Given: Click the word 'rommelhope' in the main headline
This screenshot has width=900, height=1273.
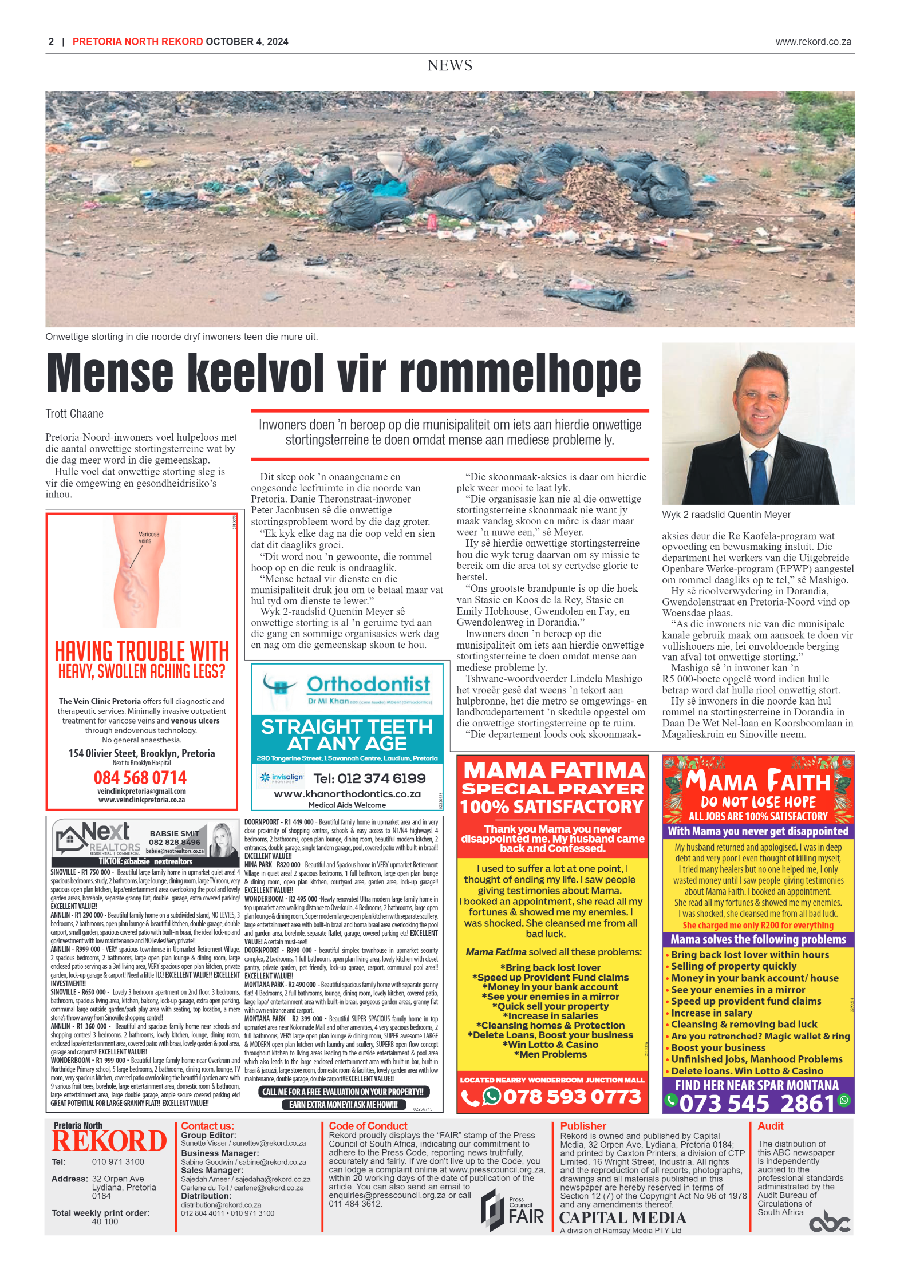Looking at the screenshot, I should tap(520, 374).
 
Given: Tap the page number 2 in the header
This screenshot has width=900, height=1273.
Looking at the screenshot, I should tap(51, 42).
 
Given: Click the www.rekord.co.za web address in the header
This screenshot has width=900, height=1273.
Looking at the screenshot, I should tap(812, 42).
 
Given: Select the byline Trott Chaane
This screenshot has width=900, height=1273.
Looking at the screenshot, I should tap(74, 414).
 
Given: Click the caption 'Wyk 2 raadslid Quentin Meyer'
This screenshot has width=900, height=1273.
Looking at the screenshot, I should tap(726, 515).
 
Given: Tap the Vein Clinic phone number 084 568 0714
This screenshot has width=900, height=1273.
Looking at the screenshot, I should tap(140, 777).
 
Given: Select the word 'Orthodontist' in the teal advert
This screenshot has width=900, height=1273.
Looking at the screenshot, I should tap(368, 684).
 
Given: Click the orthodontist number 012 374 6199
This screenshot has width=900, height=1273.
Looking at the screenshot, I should tap(369, 778).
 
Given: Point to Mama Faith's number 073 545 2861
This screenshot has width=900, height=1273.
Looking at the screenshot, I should tap(757, 1103).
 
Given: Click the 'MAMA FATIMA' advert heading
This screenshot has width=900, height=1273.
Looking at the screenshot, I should tap(554, 770).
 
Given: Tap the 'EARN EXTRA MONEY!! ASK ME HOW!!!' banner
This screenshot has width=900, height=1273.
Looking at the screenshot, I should tap(344, 1105).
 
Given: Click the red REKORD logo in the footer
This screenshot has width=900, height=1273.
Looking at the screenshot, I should tap(109, 1141).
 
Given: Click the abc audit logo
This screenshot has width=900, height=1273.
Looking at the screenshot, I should tap(829, 1222).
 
